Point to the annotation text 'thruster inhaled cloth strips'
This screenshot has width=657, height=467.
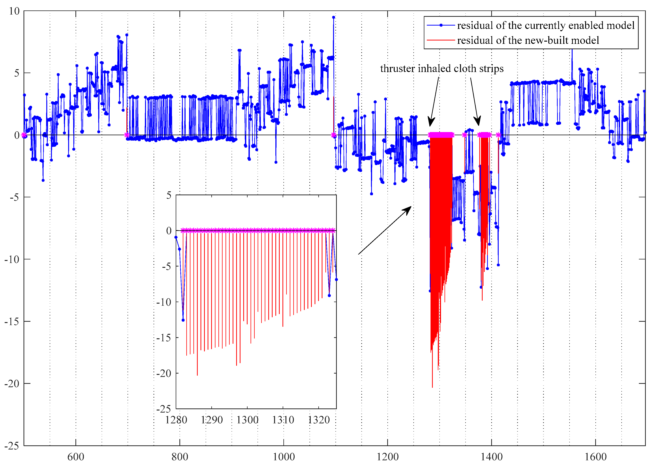(442, 68)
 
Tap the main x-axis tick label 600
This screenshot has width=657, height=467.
(76, 456)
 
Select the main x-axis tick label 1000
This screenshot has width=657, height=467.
(284, 456)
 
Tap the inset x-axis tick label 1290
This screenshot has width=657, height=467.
(212, 420)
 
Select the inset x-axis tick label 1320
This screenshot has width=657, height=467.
(319, 420)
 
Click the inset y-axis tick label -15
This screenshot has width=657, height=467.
(164, 338)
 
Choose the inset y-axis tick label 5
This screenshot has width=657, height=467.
(169, 195)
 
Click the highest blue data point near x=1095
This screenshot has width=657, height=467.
(333, 17)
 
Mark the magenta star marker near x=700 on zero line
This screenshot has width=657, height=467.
(126, 135)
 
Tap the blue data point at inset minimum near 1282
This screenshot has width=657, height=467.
(183, 320)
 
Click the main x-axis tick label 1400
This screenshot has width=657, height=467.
(491, 456)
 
